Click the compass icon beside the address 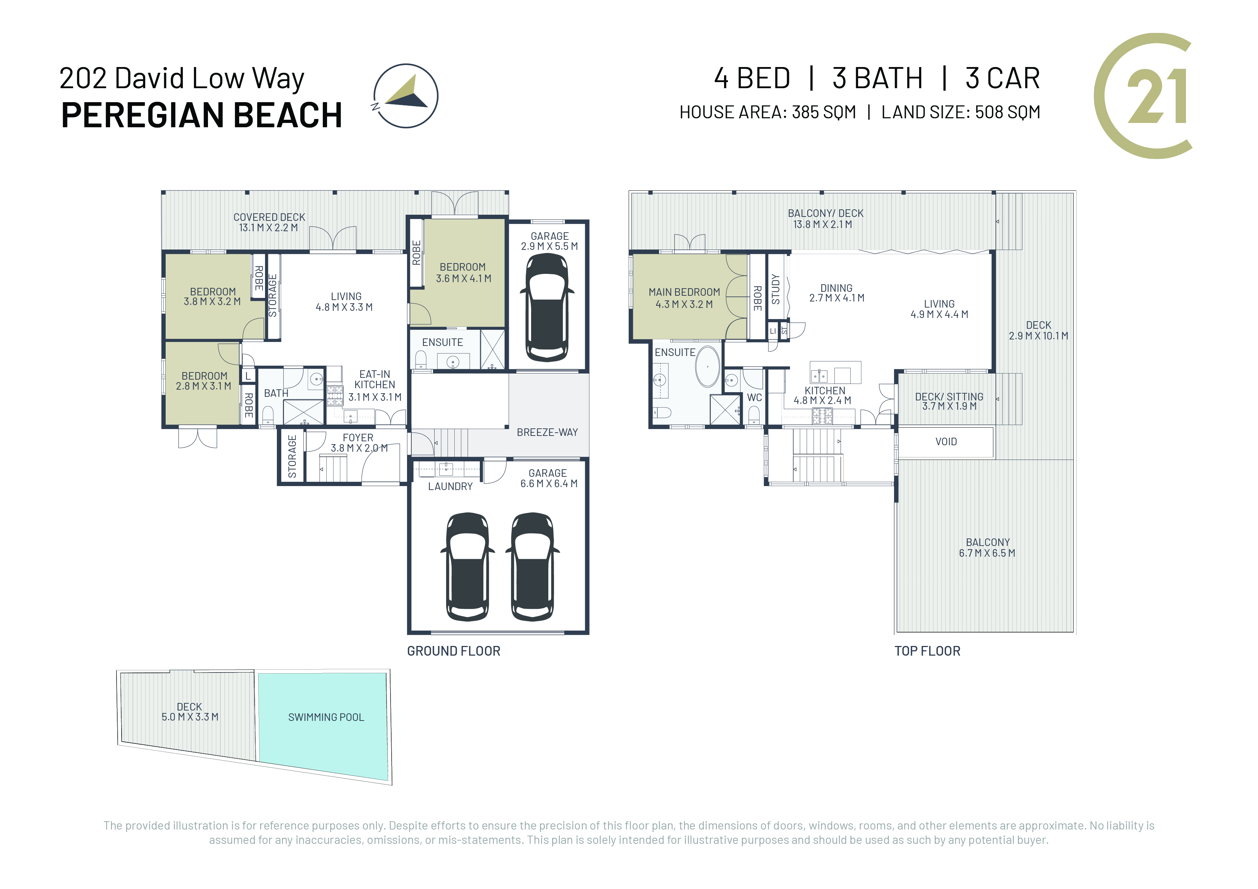point(406,96)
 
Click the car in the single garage point(547,307)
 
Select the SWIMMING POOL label point(326,717)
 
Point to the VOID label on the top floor point(946,442)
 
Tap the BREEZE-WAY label point(547,432)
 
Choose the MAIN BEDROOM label point(684,292)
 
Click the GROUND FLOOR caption point(454,651)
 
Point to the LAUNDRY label point(450,486)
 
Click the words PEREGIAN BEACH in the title point(202,115)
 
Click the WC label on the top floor point(755,398)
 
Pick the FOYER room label point(358,438)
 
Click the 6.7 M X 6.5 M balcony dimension point(987,553)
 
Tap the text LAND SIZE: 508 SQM point(960,112)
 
